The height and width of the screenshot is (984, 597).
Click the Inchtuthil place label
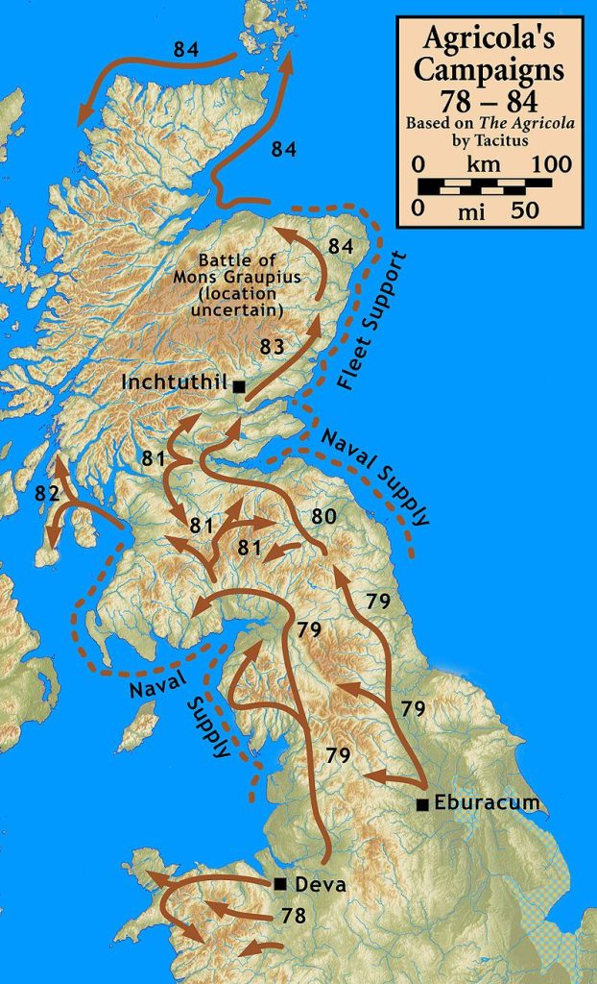[x=175, y=382]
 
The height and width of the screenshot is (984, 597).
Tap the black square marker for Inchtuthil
[x=238, y=386]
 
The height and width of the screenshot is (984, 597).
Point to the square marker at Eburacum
[x=420, y=804]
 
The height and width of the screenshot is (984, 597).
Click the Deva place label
[x=317, y=884]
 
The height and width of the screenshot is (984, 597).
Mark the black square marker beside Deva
[x=279, y=883]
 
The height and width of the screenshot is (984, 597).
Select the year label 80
[x=323, y=516]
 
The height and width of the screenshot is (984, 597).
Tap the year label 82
[x=47, y=494]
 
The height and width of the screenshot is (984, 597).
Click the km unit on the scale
[x=483, y=163]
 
